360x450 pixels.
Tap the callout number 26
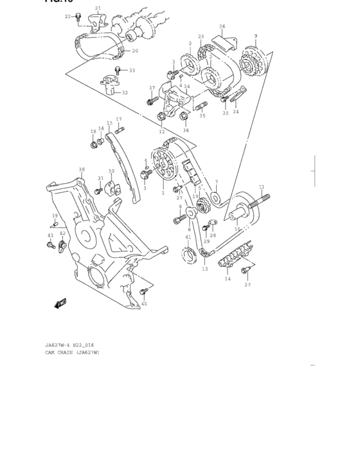click(x=222, y=26)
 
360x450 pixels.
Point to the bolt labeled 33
click(x=118, y=69)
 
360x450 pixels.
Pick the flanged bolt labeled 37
click(x=151, y=100)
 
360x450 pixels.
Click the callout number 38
click(x=82, y=170)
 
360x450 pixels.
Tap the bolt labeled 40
click(x=143, y=294)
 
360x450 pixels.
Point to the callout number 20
click(x=135, y=51)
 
